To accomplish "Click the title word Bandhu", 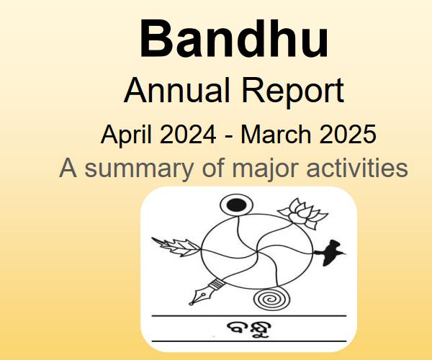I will pyautogui.click(x=234, y=40).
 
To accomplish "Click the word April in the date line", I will pyautogui.click(x=127, y=135).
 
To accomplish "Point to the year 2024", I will pyautogui.click(x=193, y=135).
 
